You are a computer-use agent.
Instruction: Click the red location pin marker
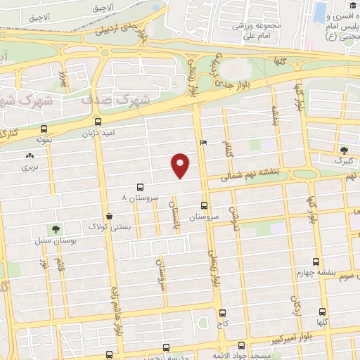tap(181, 165)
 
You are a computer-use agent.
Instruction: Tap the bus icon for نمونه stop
tap(44, 129)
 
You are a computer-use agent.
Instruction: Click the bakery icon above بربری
tap(29, 155)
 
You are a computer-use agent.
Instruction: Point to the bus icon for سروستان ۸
tap(140, 187)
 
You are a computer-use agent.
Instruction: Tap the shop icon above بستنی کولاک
tap(109, 217)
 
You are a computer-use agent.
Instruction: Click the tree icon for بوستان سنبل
tap(55, 229)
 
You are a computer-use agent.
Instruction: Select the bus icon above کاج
tap(222, 314)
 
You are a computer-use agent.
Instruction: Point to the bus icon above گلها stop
tap(322, 311)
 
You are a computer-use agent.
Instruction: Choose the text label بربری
tap(28, 167)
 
